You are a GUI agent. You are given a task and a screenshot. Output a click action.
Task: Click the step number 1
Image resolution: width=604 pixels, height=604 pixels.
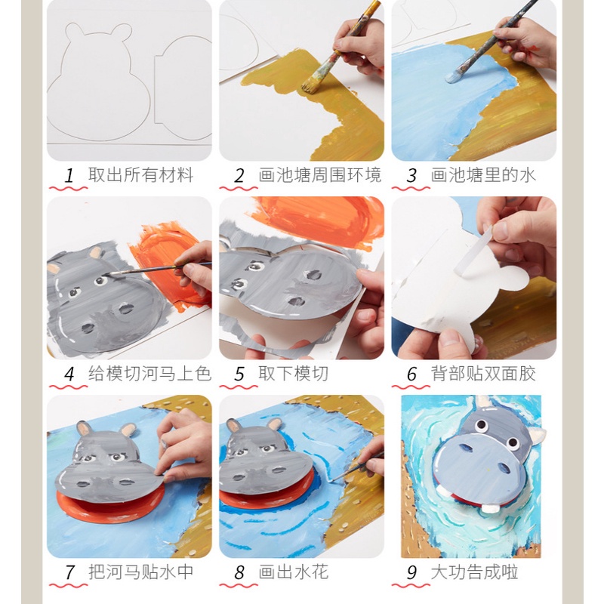(69, 176)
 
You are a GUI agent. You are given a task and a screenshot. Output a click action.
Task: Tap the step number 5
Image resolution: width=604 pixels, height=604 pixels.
(239, 374)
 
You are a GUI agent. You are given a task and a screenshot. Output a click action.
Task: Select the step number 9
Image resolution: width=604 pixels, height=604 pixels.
(411, 572)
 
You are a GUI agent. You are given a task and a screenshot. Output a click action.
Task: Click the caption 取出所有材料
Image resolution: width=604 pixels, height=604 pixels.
(140, 175)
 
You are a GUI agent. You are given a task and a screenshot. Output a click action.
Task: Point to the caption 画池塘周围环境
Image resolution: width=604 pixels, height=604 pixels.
(319, 175)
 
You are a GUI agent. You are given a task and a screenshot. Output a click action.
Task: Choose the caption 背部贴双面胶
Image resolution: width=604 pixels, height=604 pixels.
(483, 374)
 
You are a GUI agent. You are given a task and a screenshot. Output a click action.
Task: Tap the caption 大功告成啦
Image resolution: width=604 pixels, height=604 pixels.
(474, 572)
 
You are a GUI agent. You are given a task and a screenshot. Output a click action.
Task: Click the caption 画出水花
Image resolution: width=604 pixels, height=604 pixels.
(294, 572)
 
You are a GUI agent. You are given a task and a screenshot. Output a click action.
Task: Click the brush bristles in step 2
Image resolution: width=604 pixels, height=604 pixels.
(311, 85)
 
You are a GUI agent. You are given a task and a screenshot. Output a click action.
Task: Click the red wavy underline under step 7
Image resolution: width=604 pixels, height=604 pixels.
(68, 586)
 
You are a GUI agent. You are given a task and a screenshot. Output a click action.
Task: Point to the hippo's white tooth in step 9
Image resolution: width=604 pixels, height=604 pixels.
(490, 508)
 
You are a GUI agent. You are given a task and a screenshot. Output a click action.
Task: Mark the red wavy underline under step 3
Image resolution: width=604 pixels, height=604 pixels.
(411, 188)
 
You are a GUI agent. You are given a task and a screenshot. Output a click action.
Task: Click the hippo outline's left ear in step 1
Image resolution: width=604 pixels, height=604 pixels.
(74, 31)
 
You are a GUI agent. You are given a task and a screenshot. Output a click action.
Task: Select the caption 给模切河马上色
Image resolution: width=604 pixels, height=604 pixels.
(149, 374)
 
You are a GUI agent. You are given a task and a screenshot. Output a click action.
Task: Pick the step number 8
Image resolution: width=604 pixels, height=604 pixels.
(239, 572)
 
